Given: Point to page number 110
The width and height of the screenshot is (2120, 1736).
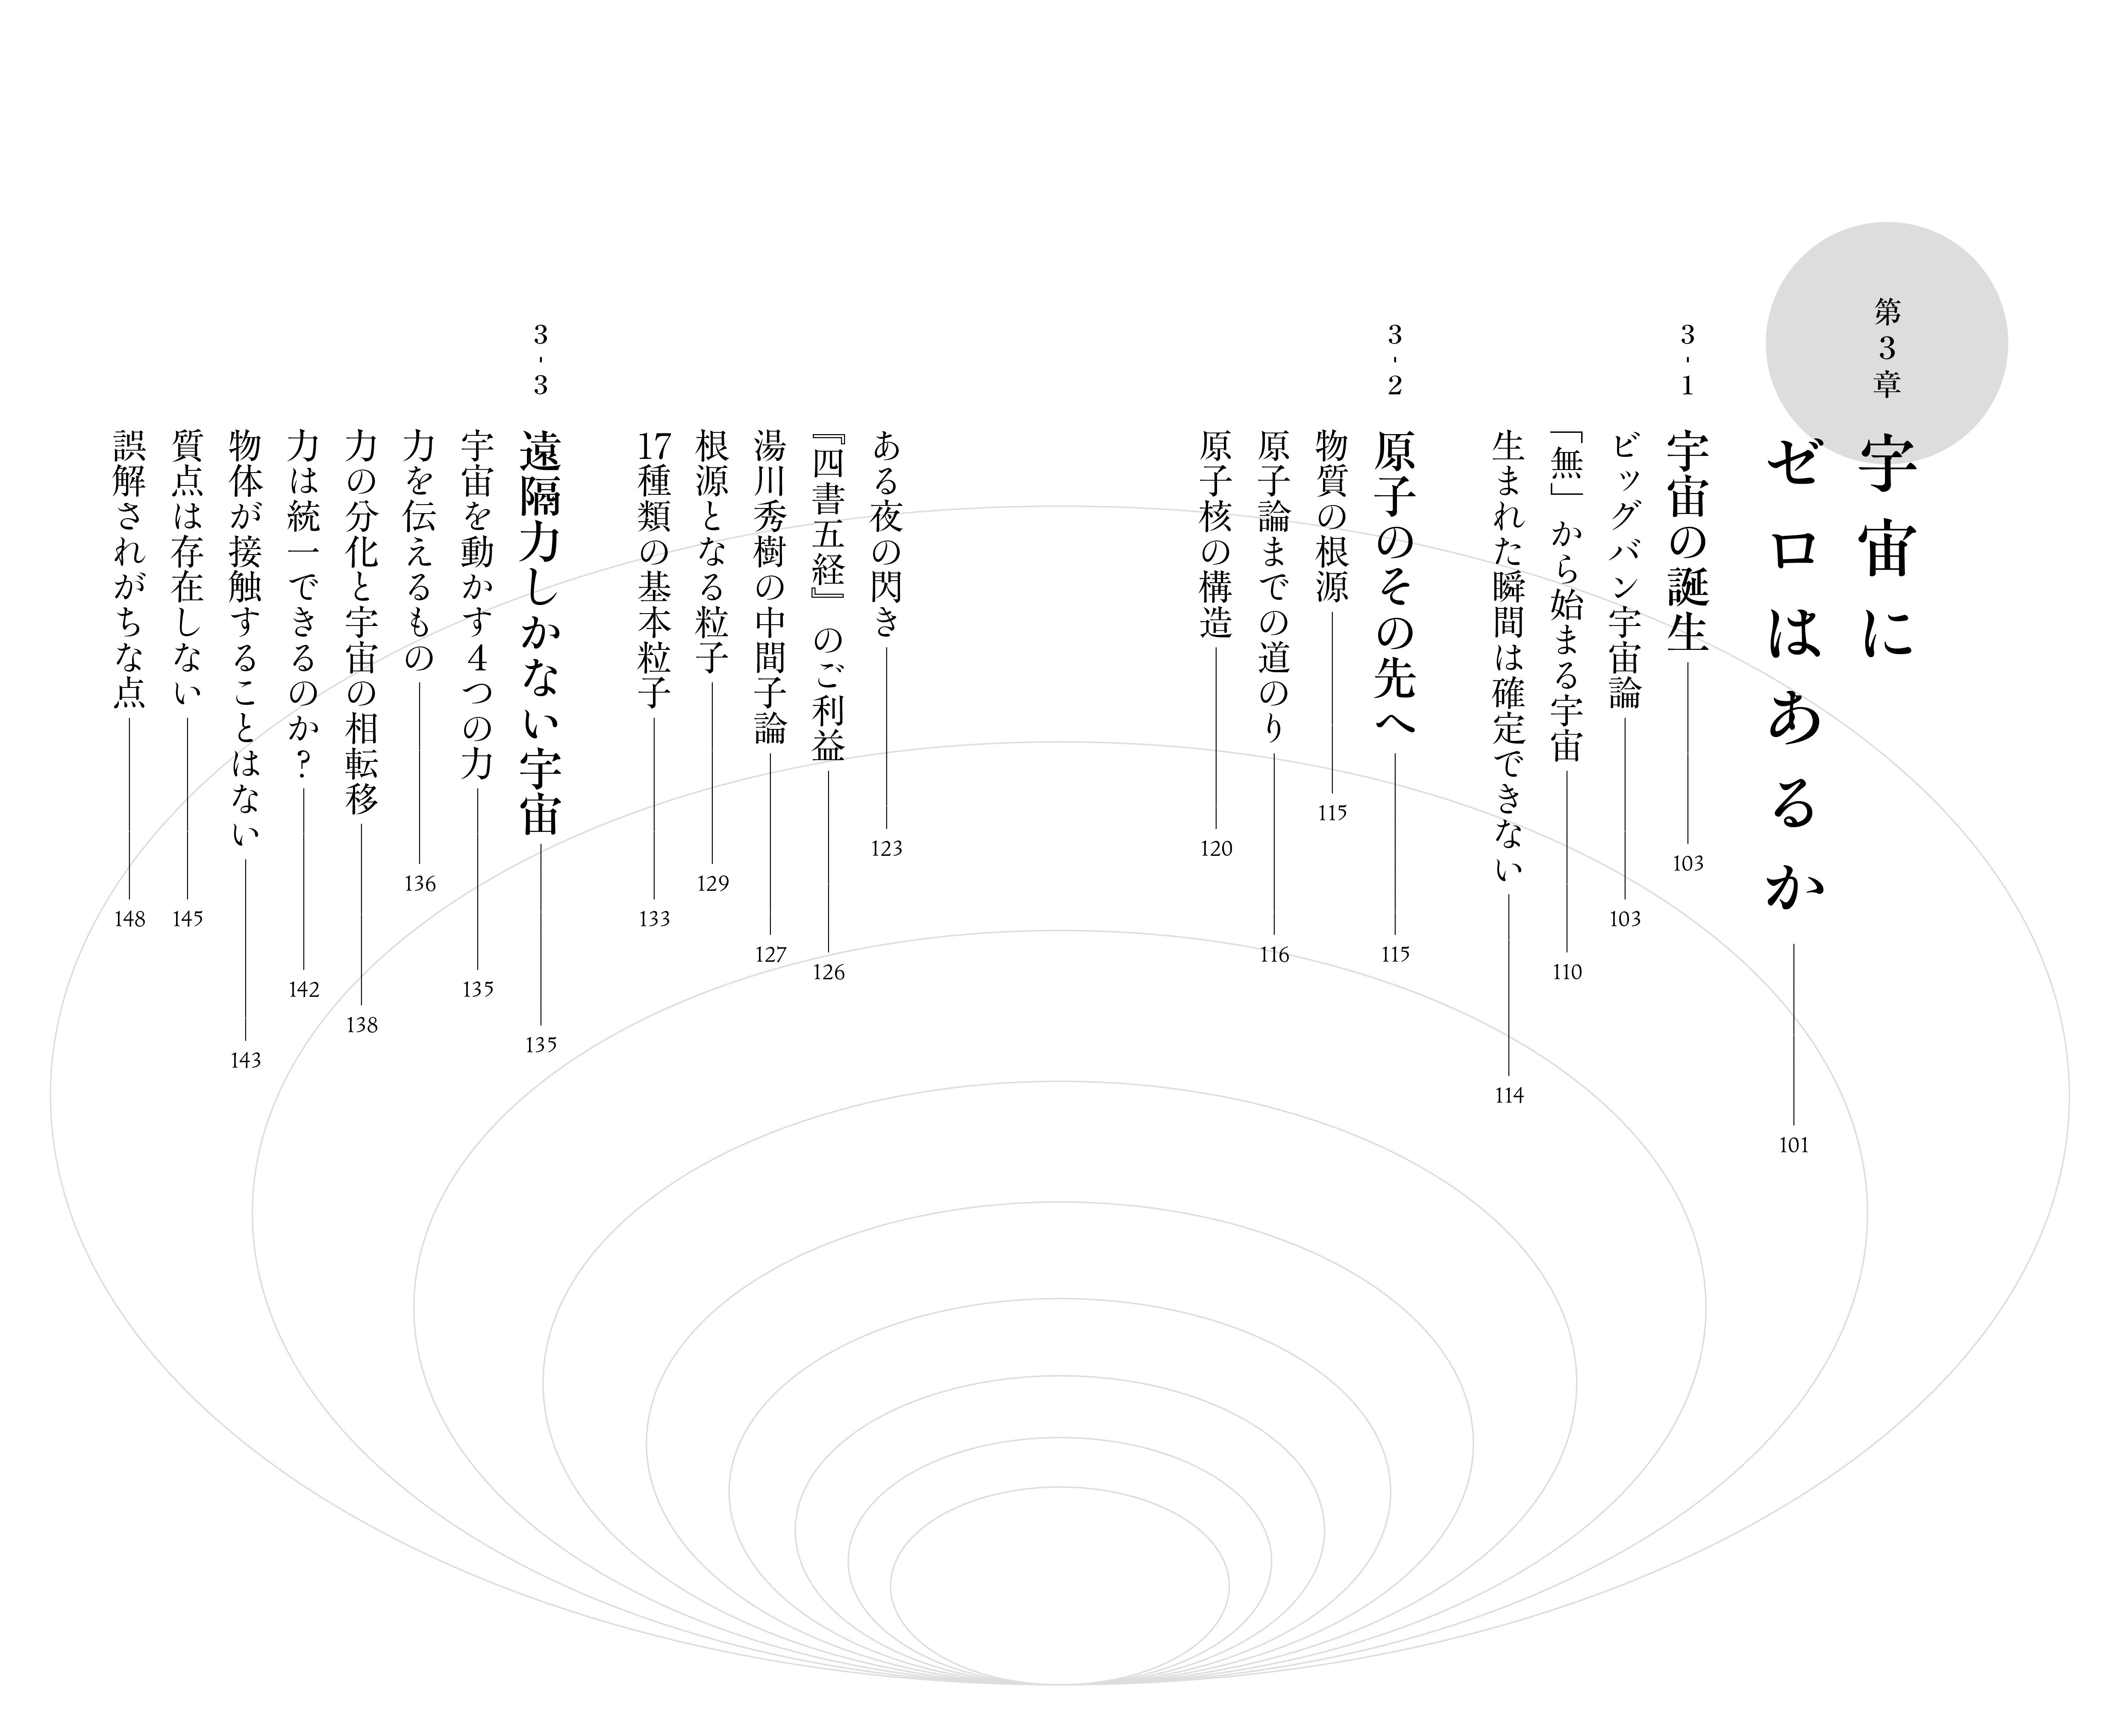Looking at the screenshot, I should (1567, 972).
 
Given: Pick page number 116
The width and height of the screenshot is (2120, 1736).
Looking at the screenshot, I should (1274, 955).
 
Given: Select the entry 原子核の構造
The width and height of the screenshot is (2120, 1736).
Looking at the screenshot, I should (1216, 535).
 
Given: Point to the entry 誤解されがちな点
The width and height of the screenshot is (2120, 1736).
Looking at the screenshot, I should (130, 570).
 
